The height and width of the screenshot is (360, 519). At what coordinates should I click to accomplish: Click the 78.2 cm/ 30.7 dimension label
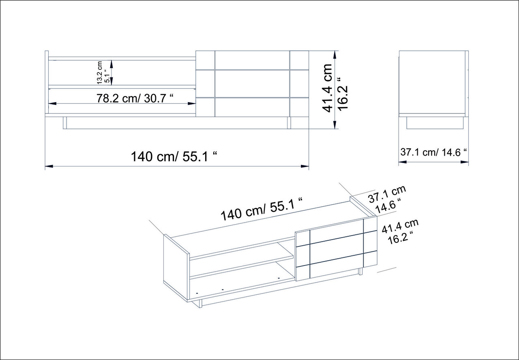pyautogui.click(x=135, y=99)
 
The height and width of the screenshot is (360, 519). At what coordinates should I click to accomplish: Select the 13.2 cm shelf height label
pyautogui.click(x=99, y=73)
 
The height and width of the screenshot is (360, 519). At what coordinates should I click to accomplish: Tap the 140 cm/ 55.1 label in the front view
pyautogui.click(x=174, y=156)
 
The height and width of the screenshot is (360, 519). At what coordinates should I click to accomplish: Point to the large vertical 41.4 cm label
pyautogui.click(x=327, y=88)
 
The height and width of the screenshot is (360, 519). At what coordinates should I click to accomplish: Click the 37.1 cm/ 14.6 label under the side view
pyautogui.click(x=433, y=152)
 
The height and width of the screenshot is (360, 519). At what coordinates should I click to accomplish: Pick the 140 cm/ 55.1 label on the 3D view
pyautogui.click(x=262, y=209)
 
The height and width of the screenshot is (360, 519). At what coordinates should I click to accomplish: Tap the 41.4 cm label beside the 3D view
pyautogui.click(x=400, y=226)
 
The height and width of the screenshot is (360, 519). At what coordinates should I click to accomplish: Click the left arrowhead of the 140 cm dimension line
pyautogui.click(x=49, y=166)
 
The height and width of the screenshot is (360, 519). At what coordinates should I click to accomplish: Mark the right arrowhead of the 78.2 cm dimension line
pyautogui.click(x=192, y=103)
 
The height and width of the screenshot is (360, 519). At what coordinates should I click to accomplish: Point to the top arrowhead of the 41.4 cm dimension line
pyautogui.click(x=335, y=55)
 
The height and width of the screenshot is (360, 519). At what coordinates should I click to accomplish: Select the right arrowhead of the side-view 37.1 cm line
pyautogui.click(x=465, y=162)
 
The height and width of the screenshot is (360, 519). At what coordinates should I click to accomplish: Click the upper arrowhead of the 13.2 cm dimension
pyautogui.click(x=112, y=64)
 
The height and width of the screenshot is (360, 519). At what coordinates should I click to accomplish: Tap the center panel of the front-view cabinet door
pyautogui.click(x=252, y=84)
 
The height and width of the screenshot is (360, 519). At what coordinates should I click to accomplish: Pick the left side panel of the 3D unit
pyautogui.click(x=176, y=267)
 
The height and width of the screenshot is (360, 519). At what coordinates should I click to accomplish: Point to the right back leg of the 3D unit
pyautogui.click(x=360, y=272)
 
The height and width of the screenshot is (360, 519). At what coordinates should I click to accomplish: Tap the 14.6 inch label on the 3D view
pyautogui.click(x=388, y=206)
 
